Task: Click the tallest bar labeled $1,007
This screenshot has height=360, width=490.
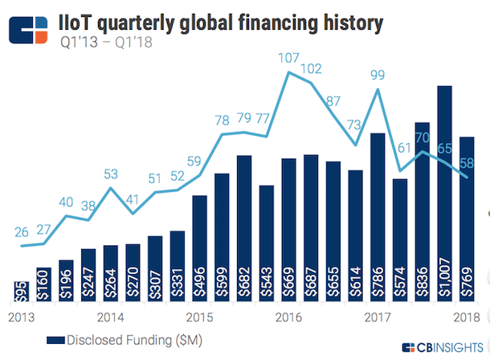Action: coord(444,193)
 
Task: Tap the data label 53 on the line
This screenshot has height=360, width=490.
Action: coord(111,174)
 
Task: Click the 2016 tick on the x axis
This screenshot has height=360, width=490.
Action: coord(288,316)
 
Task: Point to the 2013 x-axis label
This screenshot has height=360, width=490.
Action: coord(20,316)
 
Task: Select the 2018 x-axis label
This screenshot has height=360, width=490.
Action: coord(467,316)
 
